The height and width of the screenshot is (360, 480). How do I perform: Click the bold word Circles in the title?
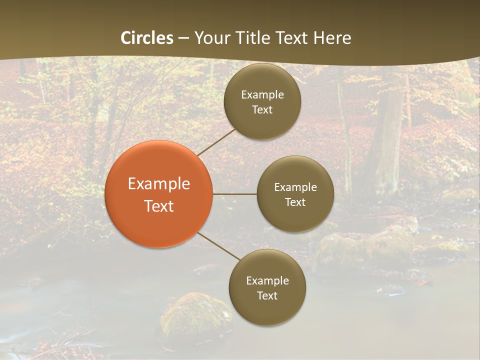point(147,38)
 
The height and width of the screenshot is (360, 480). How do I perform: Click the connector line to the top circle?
point(216,142)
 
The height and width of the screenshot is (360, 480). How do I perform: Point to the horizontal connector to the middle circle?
point(234,194)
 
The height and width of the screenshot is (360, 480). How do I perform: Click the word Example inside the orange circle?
point(158,184)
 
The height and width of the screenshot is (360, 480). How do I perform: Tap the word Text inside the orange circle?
point(158,206)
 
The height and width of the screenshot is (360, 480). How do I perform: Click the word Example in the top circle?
point(262,95)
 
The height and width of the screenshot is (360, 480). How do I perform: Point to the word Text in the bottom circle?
point(267,296)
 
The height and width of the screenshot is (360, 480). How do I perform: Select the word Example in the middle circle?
point(295,187)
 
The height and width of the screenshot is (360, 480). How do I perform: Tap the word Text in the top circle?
point(262,110)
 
